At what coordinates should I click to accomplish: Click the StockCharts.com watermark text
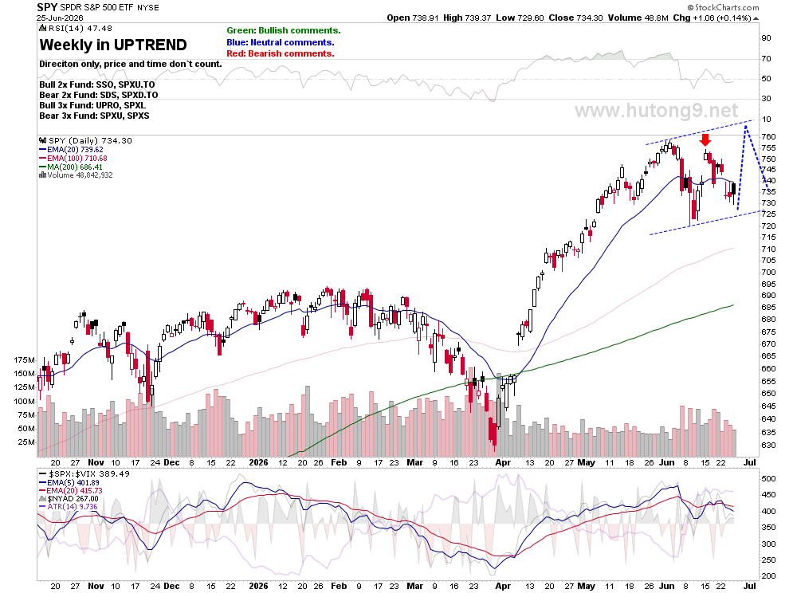tap(724, 7)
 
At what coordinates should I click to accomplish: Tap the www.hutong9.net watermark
tap(656, 110)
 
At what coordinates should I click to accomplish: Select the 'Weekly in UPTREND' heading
tap(113, 45)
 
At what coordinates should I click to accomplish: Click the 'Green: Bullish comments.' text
tap(283, 31)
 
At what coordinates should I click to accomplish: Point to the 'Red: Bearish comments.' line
tap(281, 54)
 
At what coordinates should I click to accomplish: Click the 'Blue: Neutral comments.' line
tap(281, 43)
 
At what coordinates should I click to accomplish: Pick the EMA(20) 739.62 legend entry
tap(71, 150)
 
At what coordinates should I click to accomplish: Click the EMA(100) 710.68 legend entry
tap(73, 158)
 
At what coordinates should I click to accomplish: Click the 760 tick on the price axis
tap(768, 136)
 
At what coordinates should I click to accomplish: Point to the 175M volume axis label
tap(25, 360)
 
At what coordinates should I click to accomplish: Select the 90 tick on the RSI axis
tap(766, 38)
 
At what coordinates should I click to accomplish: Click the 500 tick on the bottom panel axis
tap(768, 479)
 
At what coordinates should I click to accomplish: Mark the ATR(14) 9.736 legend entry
tap(68, 507)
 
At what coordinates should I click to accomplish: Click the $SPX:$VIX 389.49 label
tap(84, 474)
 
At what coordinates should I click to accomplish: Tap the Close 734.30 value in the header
tap(575, 18)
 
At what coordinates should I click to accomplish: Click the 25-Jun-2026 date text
tap(60, 18)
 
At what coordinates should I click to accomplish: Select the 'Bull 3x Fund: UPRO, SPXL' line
tap(92, 106)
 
